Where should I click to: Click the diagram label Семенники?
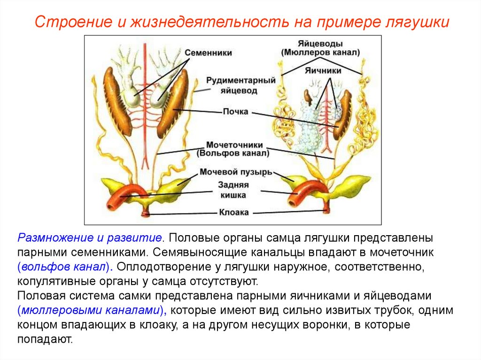[208, 53]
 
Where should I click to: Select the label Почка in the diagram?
[235, 112]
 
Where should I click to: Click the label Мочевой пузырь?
[235, 172]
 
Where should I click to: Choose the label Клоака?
[233, 212]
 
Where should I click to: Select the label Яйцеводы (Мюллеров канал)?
[321, 47]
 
